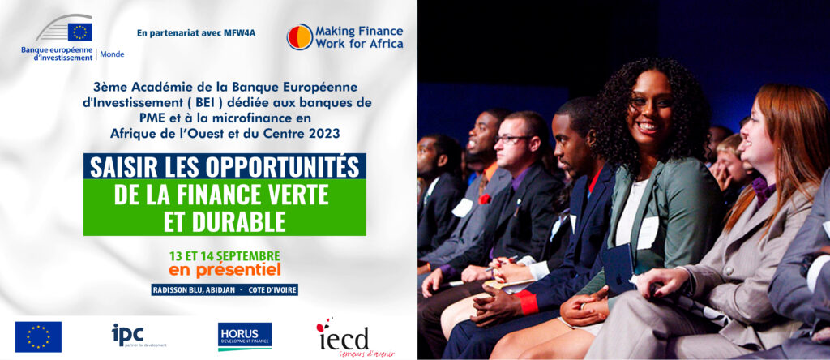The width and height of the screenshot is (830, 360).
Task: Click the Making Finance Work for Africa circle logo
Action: tap(300, 37)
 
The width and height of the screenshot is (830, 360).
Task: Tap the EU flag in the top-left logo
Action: tap(79, 32)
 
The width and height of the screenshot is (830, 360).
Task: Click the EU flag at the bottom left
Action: tap(38, 336)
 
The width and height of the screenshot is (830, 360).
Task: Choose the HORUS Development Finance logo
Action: tap(245, 336)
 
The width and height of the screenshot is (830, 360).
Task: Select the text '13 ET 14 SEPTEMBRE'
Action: tap(225, 255)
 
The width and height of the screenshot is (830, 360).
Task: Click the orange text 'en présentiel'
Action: tap(225, 270)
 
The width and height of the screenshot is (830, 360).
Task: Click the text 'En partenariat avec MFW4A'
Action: tap(196, 32)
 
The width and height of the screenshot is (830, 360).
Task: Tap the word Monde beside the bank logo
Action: tap(112, 54)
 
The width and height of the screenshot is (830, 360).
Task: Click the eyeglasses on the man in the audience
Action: tap(512, 139)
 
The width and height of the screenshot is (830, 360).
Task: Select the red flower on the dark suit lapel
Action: tap(485, 199)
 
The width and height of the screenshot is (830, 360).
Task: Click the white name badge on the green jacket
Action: tap(648, 233)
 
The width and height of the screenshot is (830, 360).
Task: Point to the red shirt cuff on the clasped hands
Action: tap(527, 302)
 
